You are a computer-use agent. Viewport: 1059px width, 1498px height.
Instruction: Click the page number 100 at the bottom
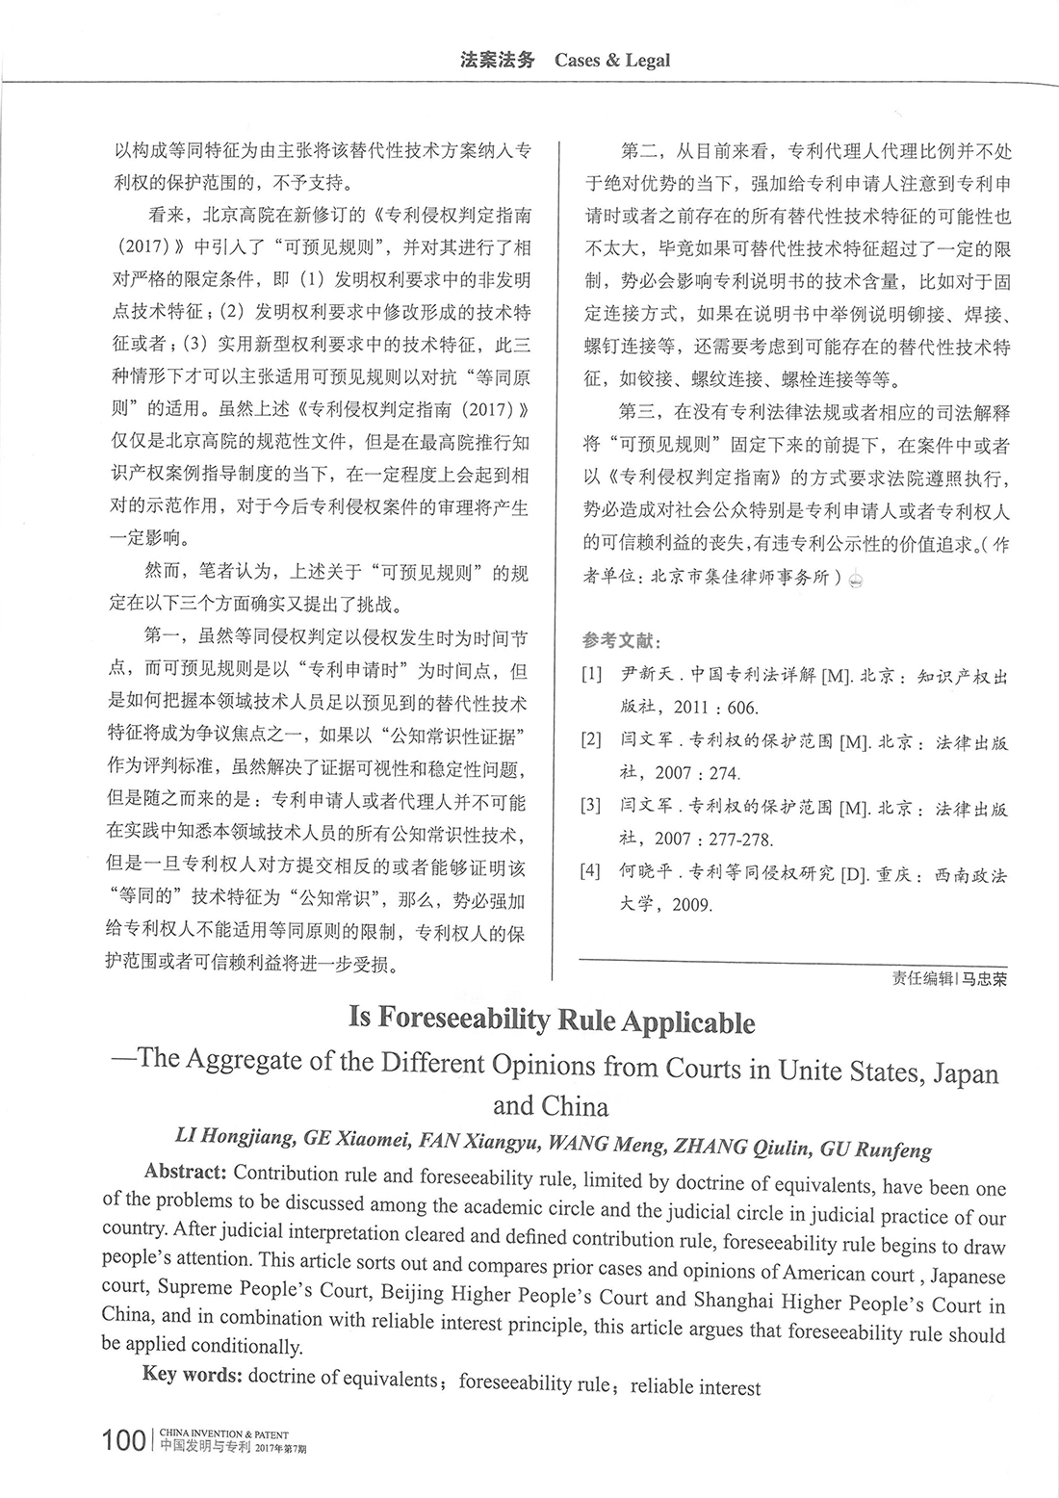pos(124,1440)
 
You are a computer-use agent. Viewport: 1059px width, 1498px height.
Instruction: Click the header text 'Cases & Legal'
pos(612,61)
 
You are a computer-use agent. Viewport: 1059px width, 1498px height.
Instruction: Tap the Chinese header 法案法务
pos(497,60)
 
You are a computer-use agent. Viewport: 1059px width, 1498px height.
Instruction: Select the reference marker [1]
pos(591,675)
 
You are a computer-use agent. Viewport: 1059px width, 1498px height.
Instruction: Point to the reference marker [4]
pos(591,872)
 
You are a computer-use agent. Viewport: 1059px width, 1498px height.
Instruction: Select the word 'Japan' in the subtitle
pos(966,1073)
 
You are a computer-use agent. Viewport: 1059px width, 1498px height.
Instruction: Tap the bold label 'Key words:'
pos(192,1374)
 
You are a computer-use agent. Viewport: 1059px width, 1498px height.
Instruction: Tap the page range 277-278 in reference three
pos(733,839)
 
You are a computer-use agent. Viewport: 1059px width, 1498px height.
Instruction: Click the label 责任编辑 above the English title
pos(921,979)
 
